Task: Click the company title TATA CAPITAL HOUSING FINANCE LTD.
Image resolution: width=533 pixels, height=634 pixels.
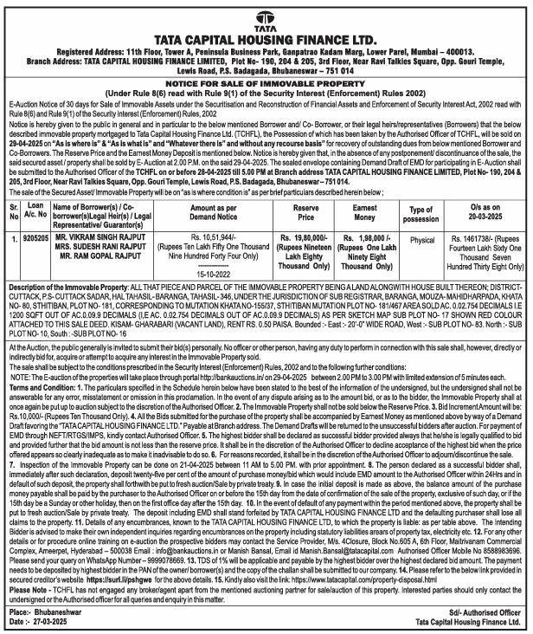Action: coord(266,40)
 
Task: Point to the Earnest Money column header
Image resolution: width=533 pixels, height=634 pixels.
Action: coord(370,210)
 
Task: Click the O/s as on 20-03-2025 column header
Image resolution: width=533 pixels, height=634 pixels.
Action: coord(485,210)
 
